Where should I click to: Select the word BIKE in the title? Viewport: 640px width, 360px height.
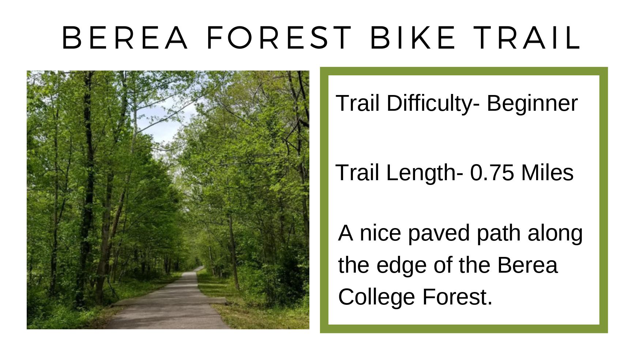tap(413, 37)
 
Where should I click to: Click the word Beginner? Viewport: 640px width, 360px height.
tap(532, 103)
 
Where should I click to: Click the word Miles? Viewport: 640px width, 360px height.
tap(547, 173)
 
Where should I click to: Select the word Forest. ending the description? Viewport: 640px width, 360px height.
tap(458, 297)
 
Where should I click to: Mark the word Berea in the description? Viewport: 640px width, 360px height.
tap(527, 265)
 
